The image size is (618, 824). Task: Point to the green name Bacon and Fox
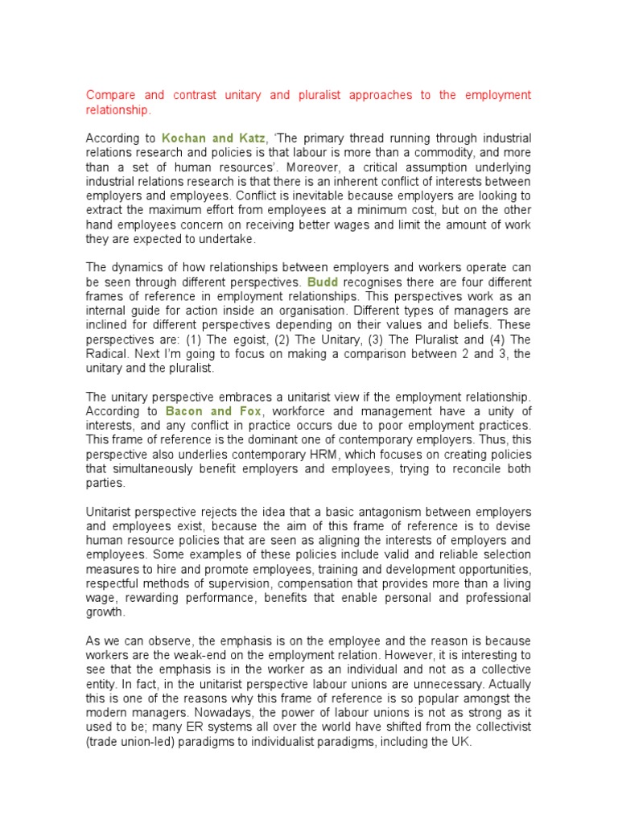tap(213, 411)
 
